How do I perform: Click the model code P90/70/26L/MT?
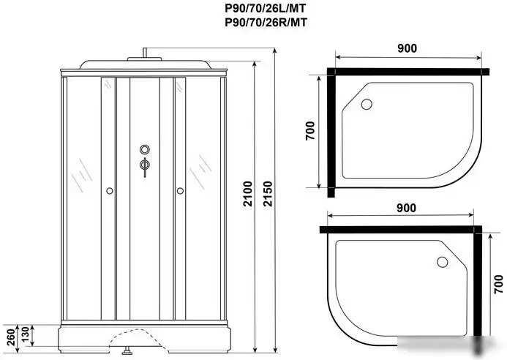266,8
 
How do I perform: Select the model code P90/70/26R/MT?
266,23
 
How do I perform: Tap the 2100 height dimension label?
247,194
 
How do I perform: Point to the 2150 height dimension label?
268,194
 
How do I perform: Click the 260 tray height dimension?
11,337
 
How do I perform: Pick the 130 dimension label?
26,335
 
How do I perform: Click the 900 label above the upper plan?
407,48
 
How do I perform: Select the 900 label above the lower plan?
406,208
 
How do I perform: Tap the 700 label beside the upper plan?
310,131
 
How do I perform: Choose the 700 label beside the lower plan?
499,285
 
